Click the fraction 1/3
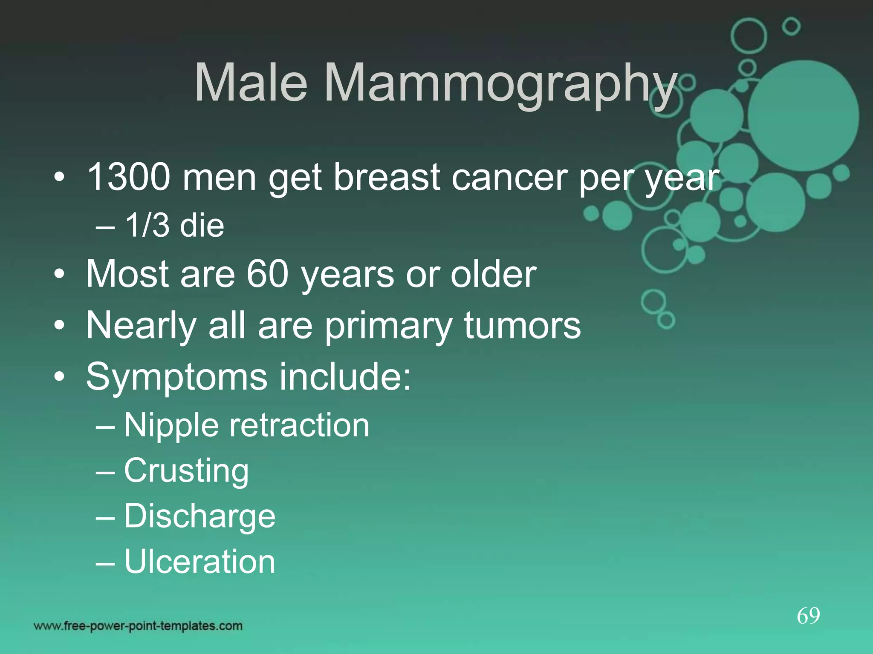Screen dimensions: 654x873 pyautogui.click(x=147, y=226)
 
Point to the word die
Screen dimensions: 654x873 pyautogui.click(x=202, y=226)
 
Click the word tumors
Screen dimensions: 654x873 pyautogui.click(x=522, y=325)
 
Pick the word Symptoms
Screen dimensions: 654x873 pyautogui.click(x=176, y=377)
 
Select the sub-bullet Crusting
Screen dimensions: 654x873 pyautogui.click(x=186, y=471)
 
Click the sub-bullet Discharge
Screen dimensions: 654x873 pyautogui.click(x=199, y=516)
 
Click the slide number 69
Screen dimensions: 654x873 pyautogui.click(x=808, y=616)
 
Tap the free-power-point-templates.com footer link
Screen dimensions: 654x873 pyautogui.click(x=138, y=626)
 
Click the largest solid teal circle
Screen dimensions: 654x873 pyautogui.click(x=803, y=116)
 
